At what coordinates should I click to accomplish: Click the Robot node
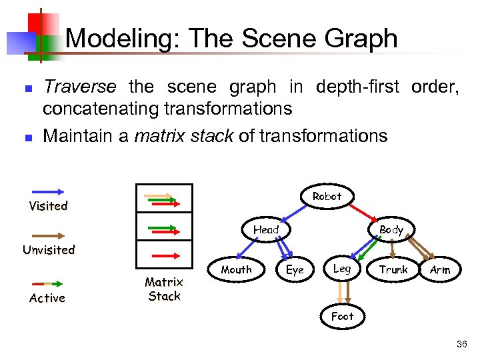[x=327, y=196]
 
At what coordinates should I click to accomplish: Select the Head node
[x=266, y=229]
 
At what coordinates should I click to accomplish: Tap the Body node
[x=391, y=229]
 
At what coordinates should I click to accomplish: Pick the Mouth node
[x=237, y=269]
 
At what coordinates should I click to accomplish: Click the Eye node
[x=295, y=269]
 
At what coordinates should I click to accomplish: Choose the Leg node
[x=342, y=268]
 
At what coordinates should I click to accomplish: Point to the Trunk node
[x=393, y=269]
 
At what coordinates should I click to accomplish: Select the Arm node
[x=440, y=269]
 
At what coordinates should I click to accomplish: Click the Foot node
[x=342, y=316]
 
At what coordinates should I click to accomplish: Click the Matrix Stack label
[x=164, y=289]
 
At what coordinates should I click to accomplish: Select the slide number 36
[x=461, y=344]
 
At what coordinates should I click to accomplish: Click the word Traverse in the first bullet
[x=79, y=87]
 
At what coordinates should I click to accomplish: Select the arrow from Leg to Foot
[x=342, y=292]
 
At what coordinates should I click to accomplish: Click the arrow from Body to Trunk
[x=393, y=248]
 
